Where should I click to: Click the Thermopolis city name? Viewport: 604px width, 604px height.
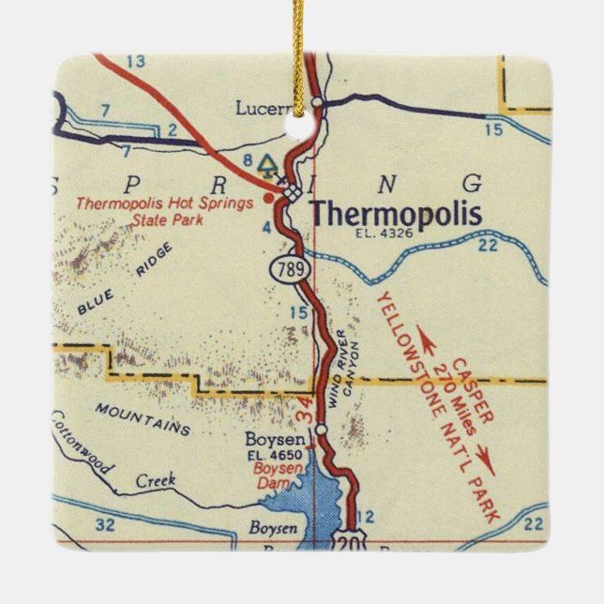click(x=396, y=213)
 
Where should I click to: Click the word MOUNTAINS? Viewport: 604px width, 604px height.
click(x=143, y=419)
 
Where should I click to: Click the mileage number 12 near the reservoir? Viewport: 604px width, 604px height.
click(x=366, y=516)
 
